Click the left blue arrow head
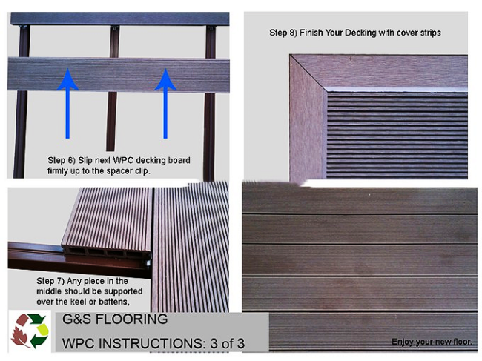67,80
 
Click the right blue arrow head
165,80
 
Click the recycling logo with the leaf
30,331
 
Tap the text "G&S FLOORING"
115,319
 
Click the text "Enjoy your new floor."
432,342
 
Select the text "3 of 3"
228,343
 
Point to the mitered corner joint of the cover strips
308,73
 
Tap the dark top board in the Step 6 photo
120,19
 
